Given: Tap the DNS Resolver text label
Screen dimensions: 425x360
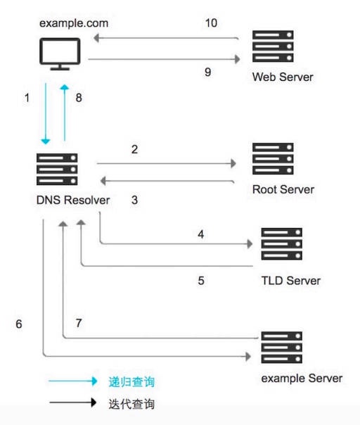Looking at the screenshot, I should point(73,201).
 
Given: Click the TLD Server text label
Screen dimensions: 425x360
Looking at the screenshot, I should point(290,281).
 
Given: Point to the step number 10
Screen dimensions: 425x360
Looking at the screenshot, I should point(211,23).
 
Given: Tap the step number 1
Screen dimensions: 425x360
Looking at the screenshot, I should point(26,99).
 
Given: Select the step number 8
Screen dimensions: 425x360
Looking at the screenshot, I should point(79,99).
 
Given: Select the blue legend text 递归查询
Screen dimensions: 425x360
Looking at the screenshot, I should point(131,382).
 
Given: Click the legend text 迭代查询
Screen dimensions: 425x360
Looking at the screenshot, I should point(131,405).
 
